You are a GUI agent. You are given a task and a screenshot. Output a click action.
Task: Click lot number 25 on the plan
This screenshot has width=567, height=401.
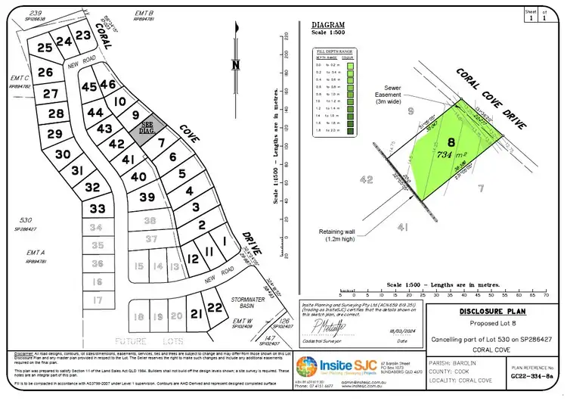pyautogui.click(x=45, y=48)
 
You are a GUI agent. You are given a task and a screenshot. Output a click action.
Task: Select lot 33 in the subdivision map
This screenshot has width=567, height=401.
pyautogui.click(x=98, y=208)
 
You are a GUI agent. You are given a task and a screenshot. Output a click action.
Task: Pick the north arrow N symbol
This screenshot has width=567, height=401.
pyautogui.click(x=236, y=64)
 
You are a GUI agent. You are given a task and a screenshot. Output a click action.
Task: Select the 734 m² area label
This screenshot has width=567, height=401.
pyautogui.click(x=452, y=154)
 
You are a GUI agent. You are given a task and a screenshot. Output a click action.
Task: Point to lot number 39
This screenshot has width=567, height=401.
pyautogui.click(x=147, y=197)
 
